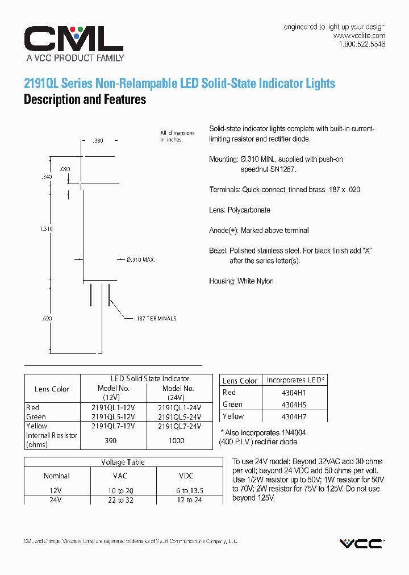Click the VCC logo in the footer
(x=361, y=544)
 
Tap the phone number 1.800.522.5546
(x=362, y=44)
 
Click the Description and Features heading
(x=85, y=100)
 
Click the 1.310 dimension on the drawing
(x=47, y=228)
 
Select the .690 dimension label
(x=47, y=319)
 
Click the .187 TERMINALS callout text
(x=156, y=319)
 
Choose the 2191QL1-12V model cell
(x=113, y=408)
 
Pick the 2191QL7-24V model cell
(x=180, y=426)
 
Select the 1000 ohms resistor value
(x=177, y=440)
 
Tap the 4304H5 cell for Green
(x=294, y=405)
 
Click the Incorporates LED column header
(x=294, y=380)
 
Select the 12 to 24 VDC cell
(x=190, y=500)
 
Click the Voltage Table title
(x=123, y=463)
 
